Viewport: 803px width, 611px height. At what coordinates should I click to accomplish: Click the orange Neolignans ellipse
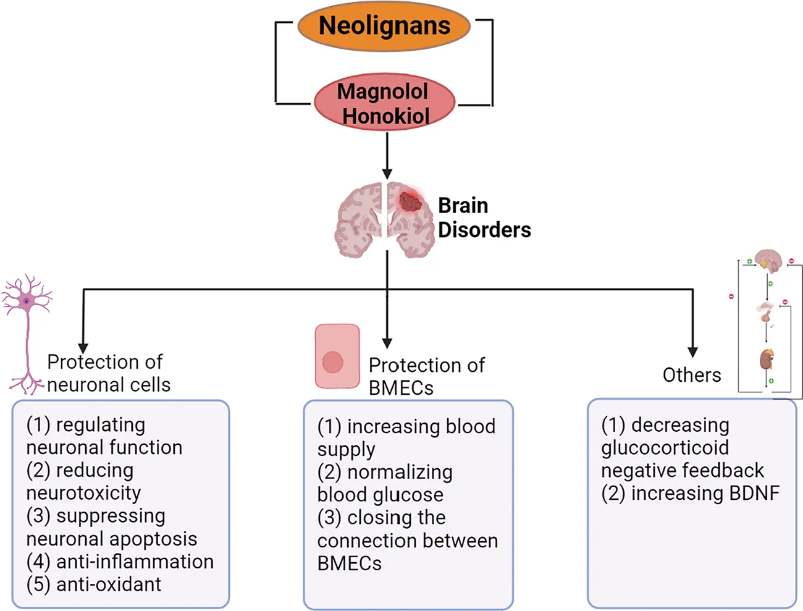coord(384,26)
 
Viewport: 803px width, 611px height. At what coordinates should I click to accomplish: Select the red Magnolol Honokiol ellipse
coord(384,103)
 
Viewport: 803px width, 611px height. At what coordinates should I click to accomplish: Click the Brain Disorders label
coord(484,217)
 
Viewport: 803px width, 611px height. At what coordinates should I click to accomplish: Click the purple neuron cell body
coord(27,300)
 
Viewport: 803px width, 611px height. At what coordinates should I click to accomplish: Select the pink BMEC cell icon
coord(337,356)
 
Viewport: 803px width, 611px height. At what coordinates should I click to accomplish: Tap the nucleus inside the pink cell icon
coord(333,363)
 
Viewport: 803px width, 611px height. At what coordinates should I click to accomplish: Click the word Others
coord(691,375)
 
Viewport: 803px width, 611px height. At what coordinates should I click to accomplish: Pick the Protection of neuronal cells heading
coord(109,373)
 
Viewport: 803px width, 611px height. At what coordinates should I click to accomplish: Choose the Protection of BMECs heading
coord(426,376)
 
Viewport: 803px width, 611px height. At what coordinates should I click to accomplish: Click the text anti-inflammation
coord(135,562)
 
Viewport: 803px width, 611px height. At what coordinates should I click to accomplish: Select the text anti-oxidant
coord(109,584)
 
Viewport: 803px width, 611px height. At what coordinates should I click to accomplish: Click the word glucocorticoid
coord(665,448)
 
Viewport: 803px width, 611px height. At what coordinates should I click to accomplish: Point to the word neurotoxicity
coord(83,493)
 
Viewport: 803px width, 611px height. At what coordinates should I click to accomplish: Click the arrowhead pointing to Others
coord(692,352)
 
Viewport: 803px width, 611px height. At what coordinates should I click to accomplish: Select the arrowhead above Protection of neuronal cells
coord(83,348)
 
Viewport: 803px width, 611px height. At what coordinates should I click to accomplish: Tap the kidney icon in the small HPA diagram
coord(767,360)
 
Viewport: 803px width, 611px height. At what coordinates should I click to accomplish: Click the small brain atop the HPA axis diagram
coord(769,259)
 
